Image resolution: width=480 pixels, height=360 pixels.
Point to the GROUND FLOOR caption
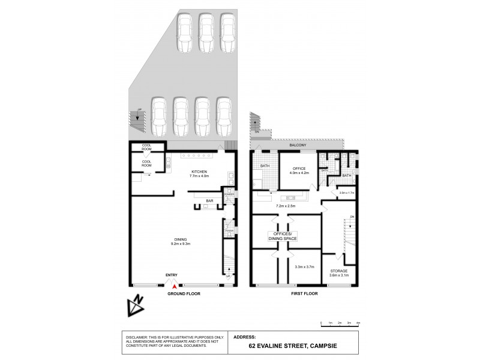click(183, 295)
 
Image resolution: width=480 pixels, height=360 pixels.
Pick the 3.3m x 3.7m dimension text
click(305, 267)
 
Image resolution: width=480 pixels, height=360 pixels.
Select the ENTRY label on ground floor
click(172, 275)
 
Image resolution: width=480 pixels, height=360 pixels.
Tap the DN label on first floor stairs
click(352, 217)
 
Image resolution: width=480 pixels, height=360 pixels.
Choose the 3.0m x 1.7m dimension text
click(347, 193)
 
